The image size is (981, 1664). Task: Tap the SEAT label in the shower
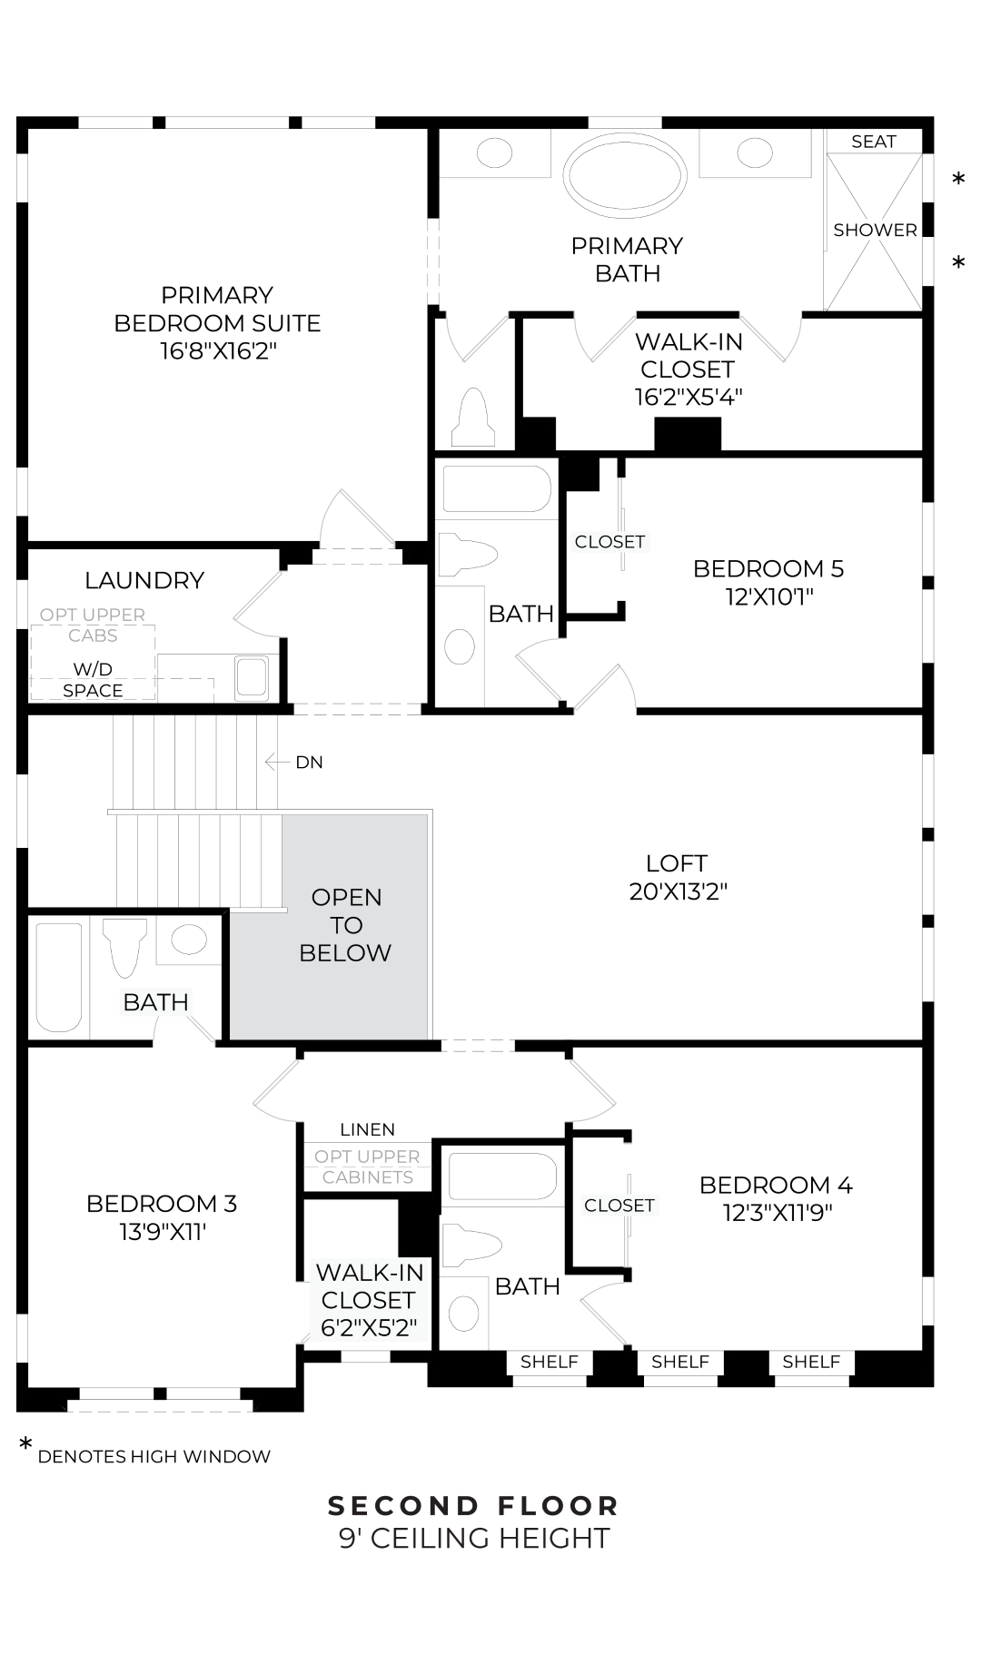click(x=873, y=142)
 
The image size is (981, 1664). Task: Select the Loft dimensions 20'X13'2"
click(x=678, y=891)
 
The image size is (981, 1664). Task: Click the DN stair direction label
click(x=309, y=763)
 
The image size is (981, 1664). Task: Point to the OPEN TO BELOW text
click(x=345, y=925)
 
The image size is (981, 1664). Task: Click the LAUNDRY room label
click(x=144, y=581)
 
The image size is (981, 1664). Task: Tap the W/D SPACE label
click(x=93, y=680)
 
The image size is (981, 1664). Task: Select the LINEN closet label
click(x=367, y=1130)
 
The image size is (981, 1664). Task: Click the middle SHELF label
click(x=679, y=1362)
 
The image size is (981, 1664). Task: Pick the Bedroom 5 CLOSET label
click(x=609, y=542)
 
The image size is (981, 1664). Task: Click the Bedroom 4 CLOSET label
click(x=619, y=1206)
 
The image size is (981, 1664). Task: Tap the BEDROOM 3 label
click(x=162, y=1204)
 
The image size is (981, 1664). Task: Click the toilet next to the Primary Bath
click(x=473, y=418)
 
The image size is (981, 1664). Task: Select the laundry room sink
click(x=251, y=677)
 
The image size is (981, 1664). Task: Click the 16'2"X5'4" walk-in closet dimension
click(x=688, y=397)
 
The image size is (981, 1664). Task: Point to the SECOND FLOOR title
click(x=473, y=1506)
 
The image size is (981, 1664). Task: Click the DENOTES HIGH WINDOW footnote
click(x=154, y=1456)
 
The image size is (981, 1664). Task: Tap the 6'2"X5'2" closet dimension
click(x=369, y=1328)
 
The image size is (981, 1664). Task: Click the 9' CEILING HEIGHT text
click(x=473, y=1539)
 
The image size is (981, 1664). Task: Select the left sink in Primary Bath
click(x=494, y=153)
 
